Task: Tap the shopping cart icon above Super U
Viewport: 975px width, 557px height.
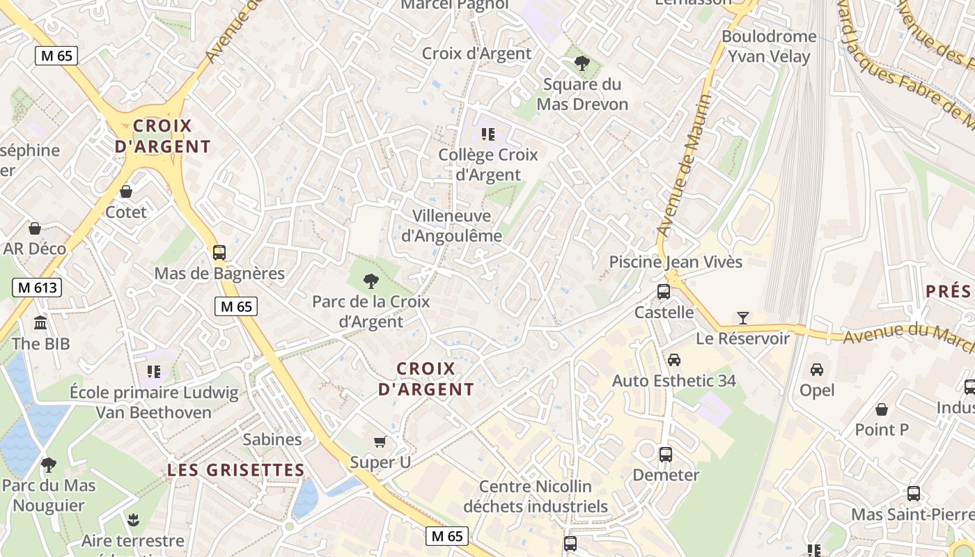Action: click(x=380, y=441)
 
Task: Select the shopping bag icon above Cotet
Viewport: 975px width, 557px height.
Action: click(x=126, y=191)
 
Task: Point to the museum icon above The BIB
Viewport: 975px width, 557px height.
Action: click(x=40, y=322)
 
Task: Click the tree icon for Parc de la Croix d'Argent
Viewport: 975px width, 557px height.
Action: click(x=371, y=281)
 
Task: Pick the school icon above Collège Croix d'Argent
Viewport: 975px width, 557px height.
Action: click(x=487, y=134)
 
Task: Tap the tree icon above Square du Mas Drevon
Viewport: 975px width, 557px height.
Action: click(x=582, y=63)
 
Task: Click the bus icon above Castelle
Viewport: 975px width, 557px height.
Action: click(x=664, y=291)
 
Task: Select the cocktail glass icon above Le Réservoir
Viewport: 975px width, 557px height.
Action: click(x=743, y=317)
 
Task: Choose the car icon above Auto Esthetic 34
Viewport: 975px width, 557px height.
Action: click(x=673, y=360)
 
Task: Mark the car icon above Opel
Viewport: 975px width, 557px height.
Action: click(x=817, y=369)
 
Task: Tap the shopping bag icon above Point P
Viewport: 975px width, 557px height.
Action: click(x=882, y=409)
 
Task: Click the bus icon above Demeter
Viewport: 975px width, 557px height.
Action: click(x=666, y=454)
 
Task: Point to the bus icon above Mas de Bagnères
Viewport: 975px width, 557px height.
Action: click(x=219, y=252)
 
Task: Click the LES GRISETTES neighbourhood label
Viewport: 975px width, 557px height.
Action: click(x=235, y=470)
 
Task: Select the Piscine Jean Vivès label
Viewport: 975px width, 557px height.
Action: click(x=676, y=262)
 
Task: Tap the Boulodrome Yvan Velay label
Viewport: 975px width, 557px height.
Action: click(x=769, y=46)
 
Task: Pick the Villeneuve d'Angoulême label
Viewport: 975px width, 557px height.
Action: click(x=451, y=226)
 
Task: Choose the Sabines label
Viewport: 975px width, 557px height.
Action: click(x=272, y=439)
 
